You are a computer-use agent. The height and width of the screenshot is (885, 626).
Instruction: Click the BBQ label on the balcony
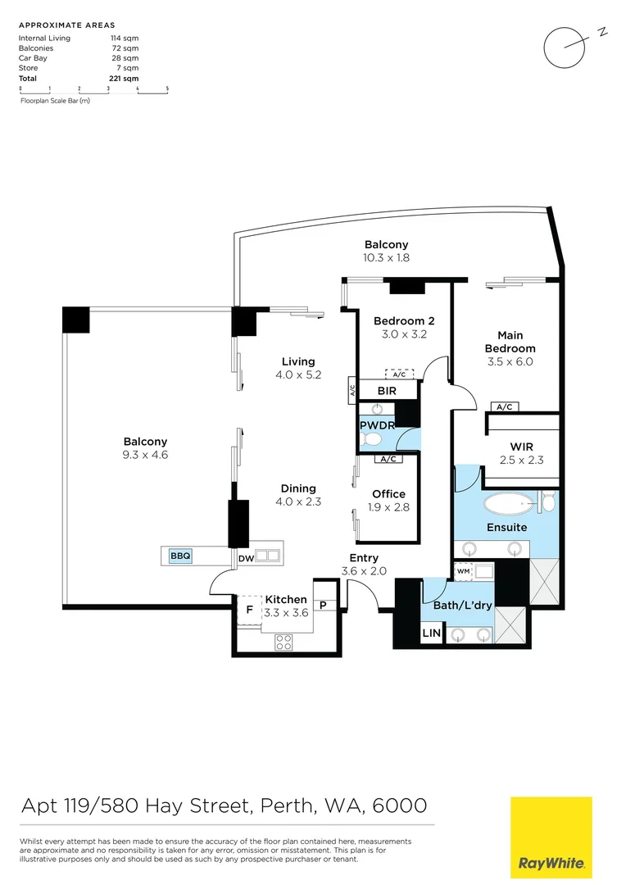tap(180, 556)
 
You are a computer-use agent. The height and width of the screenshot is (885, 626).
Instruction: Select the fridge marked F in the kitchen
tap(249, 610)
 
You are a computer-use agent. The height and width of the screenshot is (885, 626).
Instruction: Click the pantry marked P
tap(324, 606)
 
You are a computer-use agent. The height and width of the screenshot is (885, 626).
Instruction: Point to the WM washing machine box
tap(463, 570)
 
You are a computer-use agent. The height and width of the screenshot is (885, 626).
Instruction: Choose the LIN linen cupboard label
tap(431, 633)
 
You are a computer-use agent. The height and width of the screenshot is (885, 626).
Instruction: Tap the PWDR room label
tap(377, 426)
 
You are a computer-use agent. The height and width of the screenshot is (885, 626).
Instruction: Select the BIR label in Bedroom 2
tap(387, 391)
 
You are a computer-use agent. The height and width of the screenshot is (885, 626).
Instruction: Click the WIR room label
tap(521, 447)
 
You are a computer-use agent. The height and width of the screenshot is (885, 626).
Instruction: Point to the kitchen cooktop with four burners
tap(284, 642)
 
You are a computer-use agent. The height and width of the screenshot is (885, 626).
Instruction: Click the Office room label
tap(388, 494)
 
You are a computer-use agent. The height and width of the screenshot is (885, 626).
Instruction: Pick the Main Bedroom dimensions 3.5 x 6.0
tap(510, 361)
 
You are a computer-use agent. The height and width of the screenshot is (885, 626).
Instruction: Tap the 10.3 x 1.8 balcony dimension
tap(386, 258)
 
